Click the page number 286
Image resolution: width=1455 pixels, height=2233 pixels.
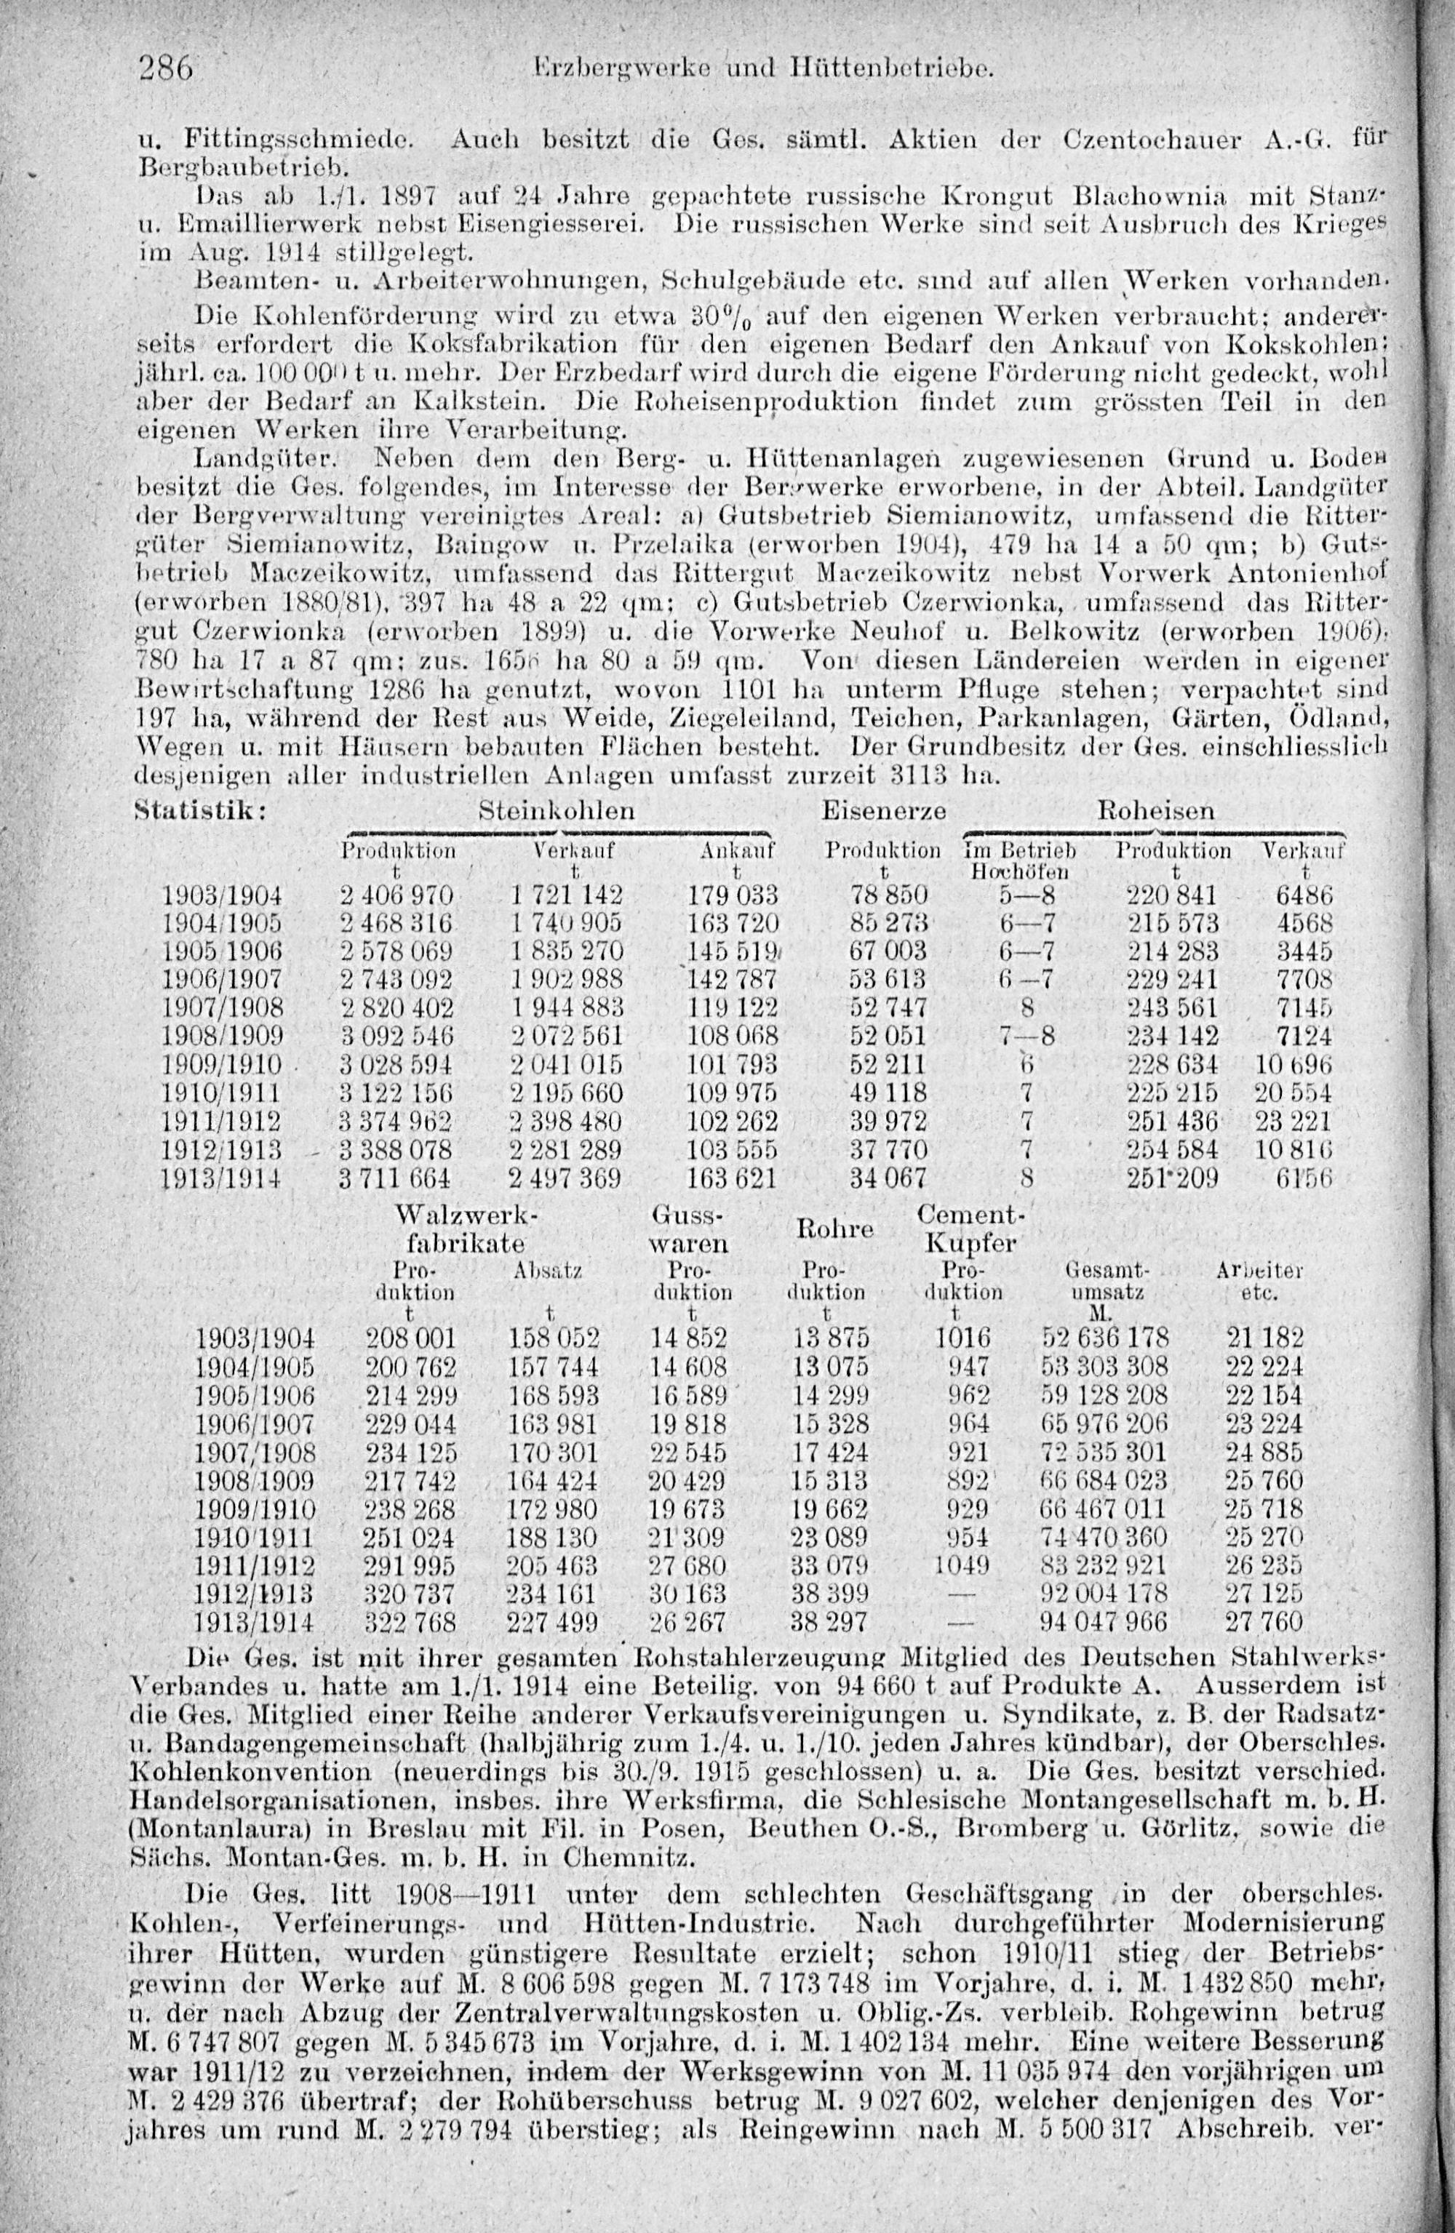165,69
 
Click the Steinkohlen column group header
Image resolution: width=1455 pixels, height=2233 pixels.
557,810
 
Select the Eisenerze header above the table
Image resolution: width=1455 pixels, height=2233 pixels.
883,810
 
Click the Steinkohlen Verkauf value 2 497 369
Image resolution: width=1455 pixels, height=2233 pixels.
565,1178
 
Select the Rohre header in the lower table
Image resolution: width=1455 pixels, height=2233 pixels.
834,1229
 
